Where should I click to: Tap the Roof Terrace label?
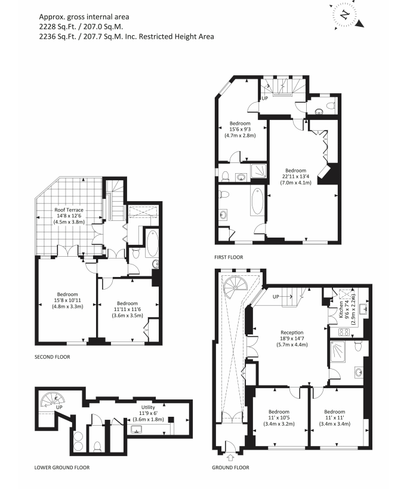69,210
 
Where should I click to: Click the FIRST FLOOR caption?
229,257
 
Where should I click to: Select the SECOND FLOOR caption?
53,357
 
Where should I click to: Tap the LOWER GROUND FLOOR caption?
62,468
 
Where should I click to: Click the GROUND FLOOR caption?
230,468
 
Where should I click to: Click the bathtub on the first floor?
258,202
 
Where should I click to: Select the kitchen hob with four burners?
344,331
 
